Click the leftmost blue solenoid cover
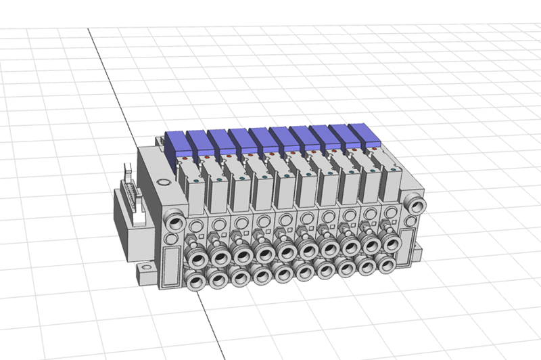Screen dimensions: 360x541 [x=178, y=144]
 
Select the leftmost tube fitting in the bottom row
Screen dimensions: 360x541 [x=198, y=279]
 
